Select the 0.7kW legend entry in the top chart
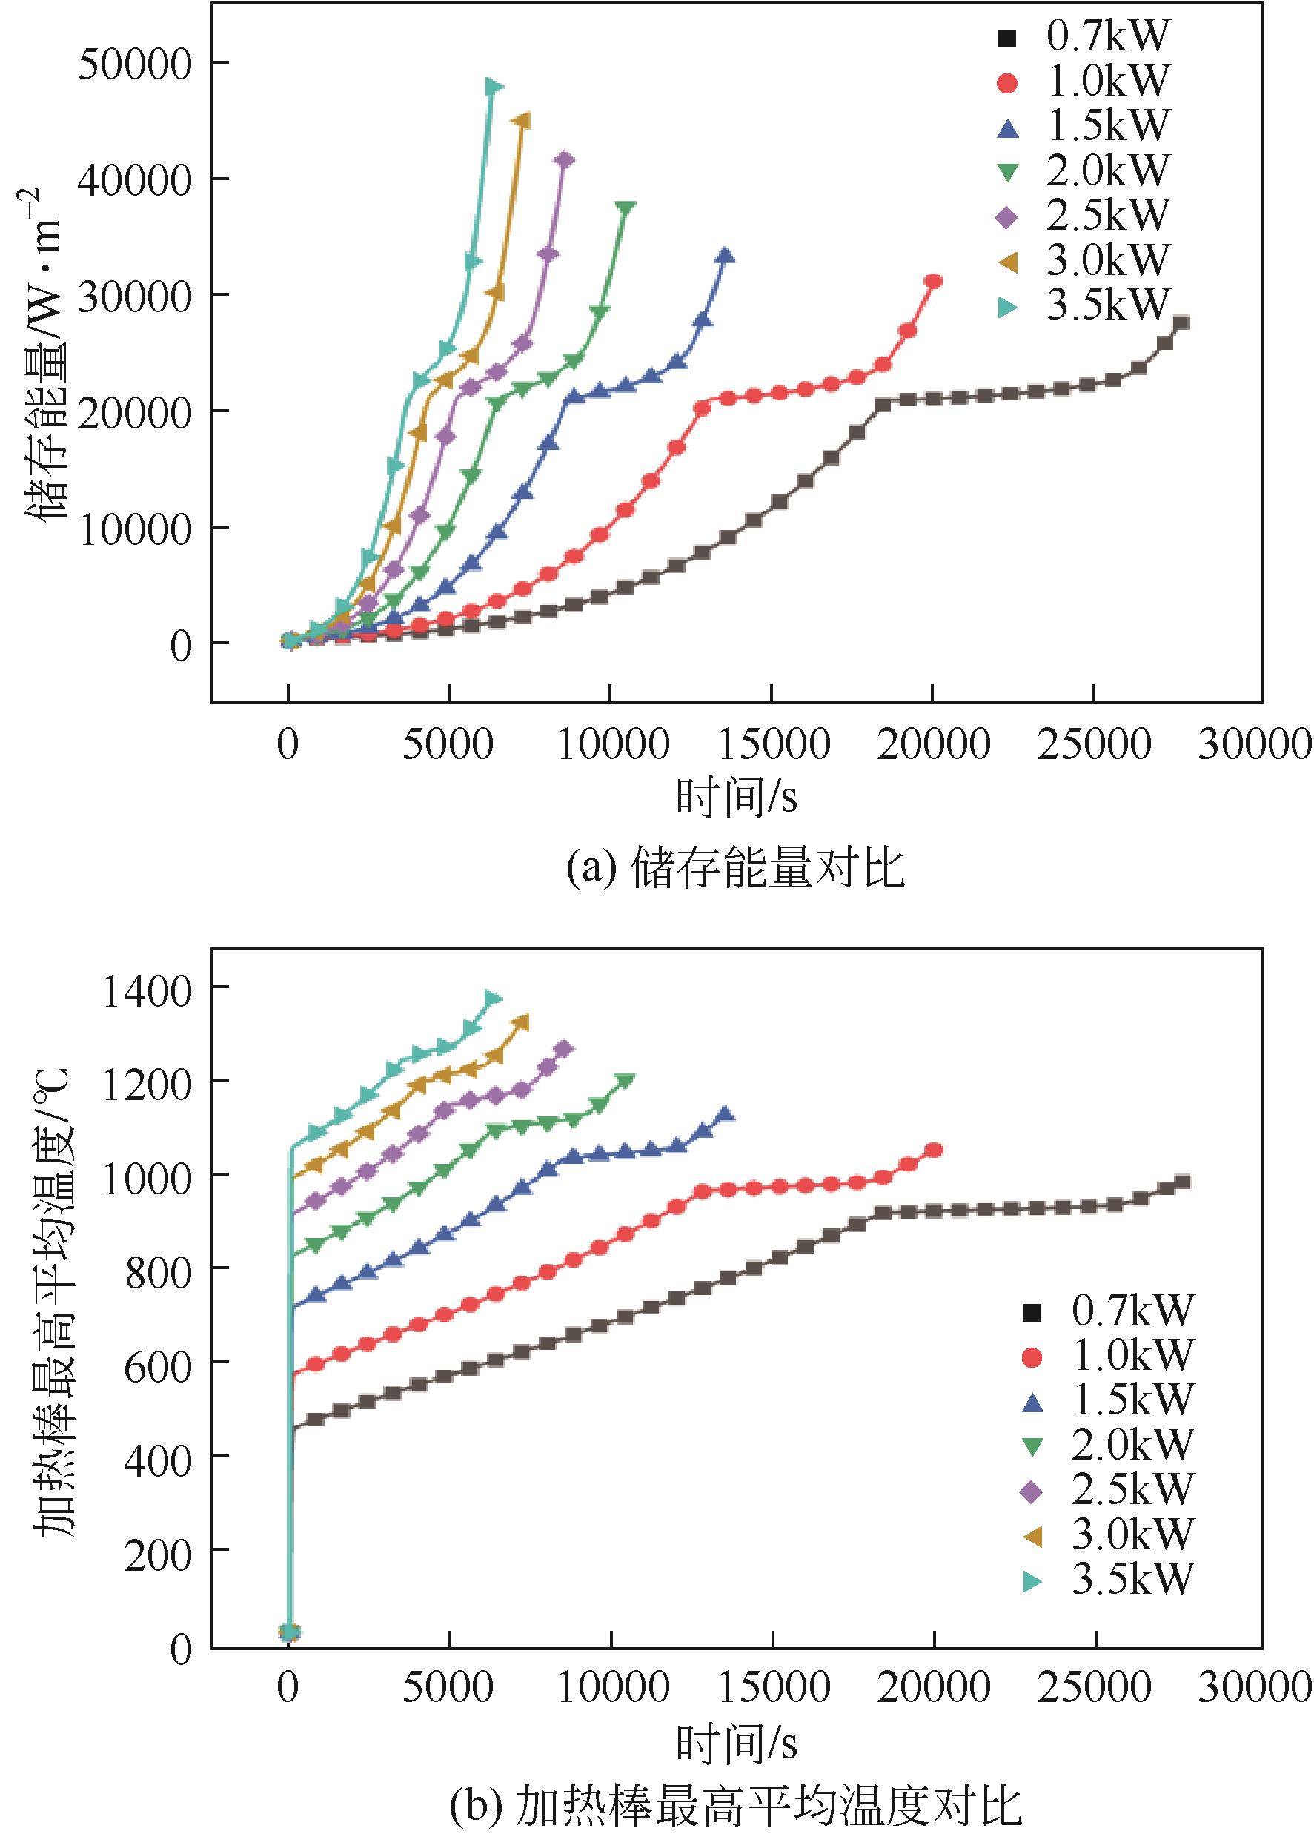click(1084, 36)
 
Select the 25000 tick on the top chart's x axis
click(1092, 744)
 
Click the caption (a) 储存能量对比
click(735, 870)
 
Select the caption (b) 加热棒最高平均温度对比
click(735, 1809)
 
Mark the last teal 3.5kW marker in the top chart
click(494, 87)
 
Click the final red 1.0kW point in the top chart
click(933, 281)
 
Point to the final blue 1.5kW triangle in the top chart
click(726, 256)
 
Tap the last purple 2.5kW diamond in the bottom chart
click(565, 1049)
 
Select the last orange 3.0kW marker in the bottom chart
click(522, 1023)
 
